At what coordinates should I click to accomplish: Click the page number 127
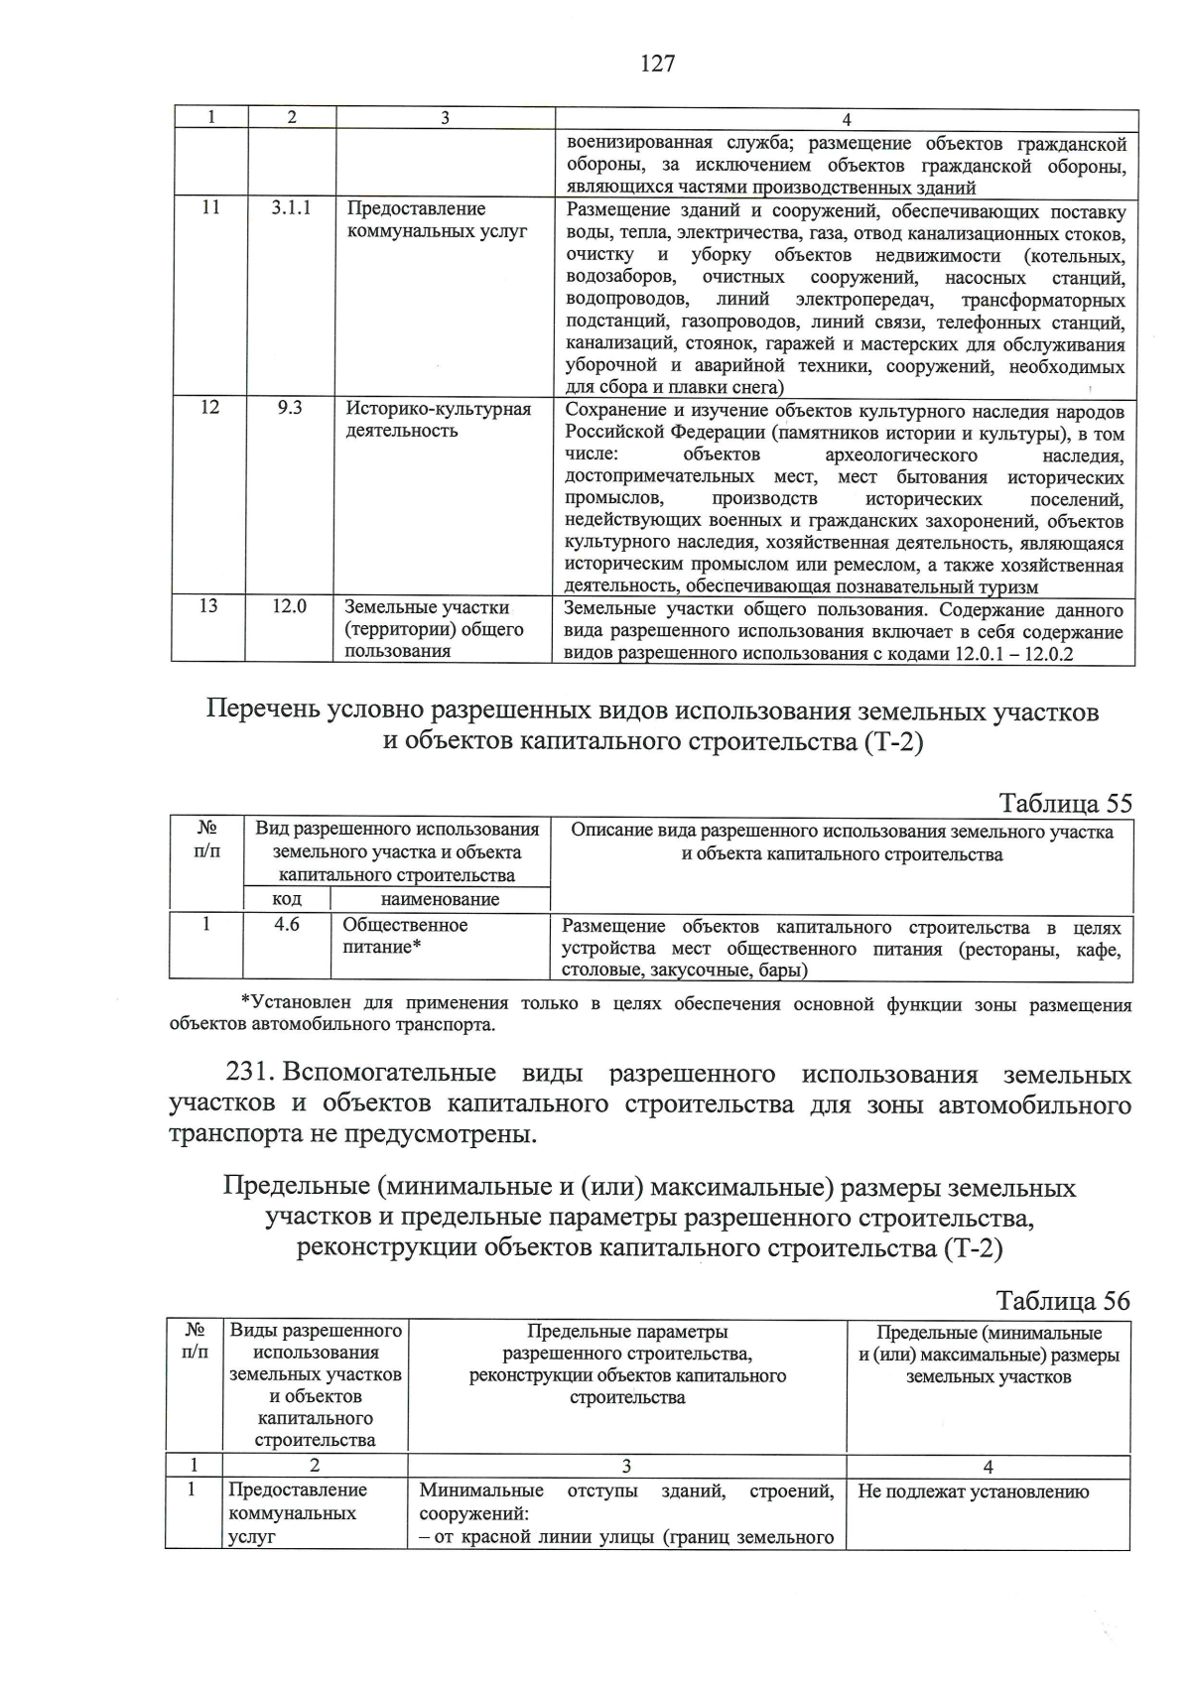click(658, 64)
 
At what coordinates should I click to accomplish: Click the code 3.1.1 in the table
click(291, 208)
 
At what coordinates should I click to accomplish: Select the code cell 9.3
click(290, 408)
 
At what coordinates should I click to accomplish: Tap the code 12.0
click(290, 605)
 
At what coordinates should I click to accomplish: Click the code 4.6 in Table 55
click(287, 924)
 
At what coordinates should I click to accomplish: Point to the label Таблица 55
click(1065, 803)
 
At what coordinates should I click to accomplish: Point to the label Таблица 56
click(1063, 1300)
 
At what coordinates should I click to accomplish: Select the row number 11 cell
click(210, 208)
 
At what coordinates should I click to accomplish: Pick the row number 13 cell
click(208, 605)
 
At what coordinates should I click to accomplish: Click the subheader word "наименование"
click(440, 899)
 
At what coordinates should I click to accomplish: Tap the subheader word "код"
click(287, 899)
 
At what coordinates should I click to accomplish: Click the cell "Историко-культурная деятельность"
click(438, 420)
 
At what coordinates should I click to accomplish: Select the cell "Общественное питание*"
click(405, 936)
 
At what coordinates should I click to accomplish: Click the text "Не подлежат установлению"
click(973, 1491)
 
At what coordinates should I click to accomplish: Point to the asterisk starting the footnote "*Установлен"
click(245, 1002)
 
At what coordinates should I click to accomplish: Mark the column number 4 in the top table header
click(846, 120)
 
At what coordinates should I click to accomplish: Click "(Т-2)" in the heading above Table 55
click(887, 742)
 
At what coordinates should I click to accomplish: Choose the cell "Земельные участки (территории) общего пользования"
click(433, 629)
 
